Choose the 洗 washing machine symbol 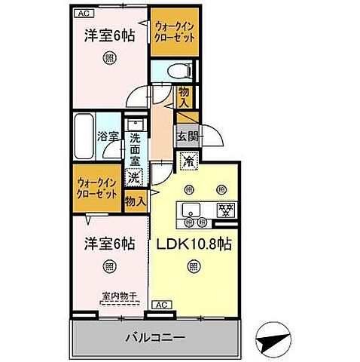tap(133, 179)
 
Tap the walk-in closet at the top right tap(172, 32)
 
